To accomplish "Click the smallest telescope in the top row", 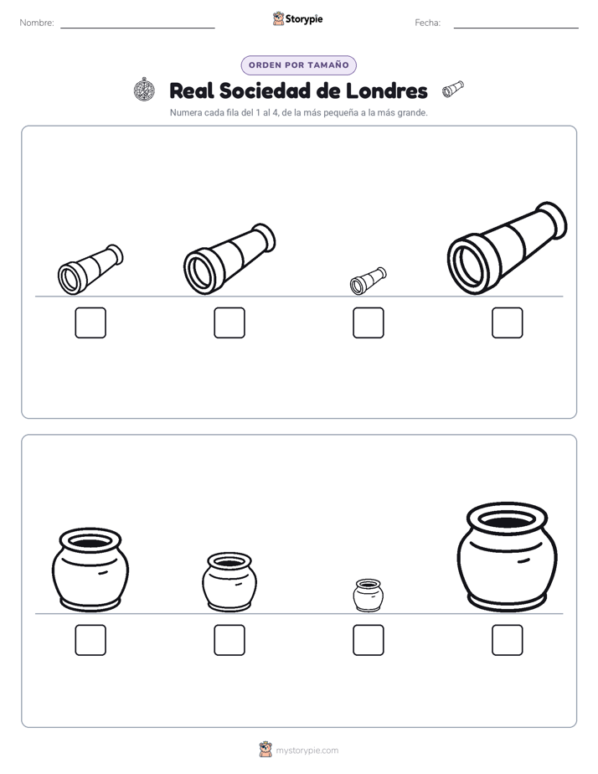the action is coord(368,281).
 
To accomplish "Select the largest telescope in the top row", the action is coord(507,248).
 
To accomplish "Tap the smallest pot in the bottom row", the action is coord(368,596).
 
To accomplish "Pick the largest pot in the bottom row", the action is coord(507,557).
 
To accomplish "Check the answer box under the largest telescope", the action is coord(507,322).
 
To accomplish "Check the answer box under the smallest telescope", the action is coord(368,322).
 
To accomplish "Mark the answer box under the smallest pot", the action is coord(368,640).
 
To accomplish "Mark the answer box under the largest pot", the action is coord(507,640).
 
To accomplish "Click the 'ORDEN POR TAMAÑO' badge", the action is coord(298,65).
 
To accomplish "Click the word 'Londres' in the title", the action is coord(386,90).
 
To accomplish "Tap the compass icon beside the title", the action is coord(144,90).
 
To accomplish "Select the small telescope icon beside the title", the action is coord(453,89).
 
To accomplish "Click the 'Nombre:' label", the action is coord(37,23).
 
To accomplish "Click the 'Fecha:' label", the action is coord(427,23).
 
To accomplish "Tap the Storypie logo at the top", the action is coord(297,18).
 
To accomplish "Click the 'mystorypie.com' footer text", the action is coord(307,751).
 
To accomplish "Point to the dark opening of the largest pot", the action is coord(507,521).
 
